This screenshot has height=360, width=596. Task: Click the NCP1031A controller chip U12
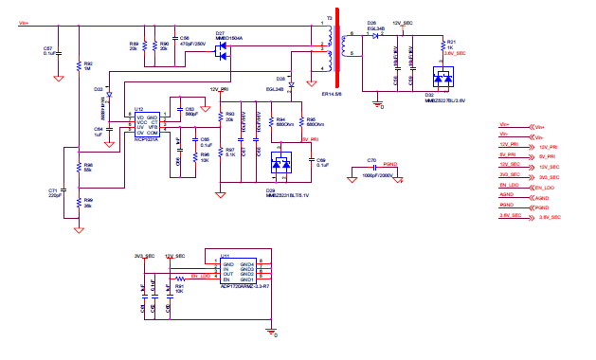[x=146, y=123]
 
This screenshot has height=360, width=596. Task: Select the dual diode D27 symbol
[x=223, y=49]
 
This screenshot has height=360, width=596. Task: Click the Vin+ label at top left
[x=23, y=22]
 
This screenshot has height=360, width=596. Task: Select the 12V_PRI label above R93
[x=221, y=88]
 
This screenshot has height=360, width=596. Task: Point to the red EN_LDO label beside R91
[x=200, y=276]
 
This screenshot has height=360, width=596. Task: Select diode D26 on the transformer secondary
[x=374, y=35]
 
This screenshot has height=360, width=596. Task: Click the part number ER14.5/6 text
[x=333, y=95]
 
